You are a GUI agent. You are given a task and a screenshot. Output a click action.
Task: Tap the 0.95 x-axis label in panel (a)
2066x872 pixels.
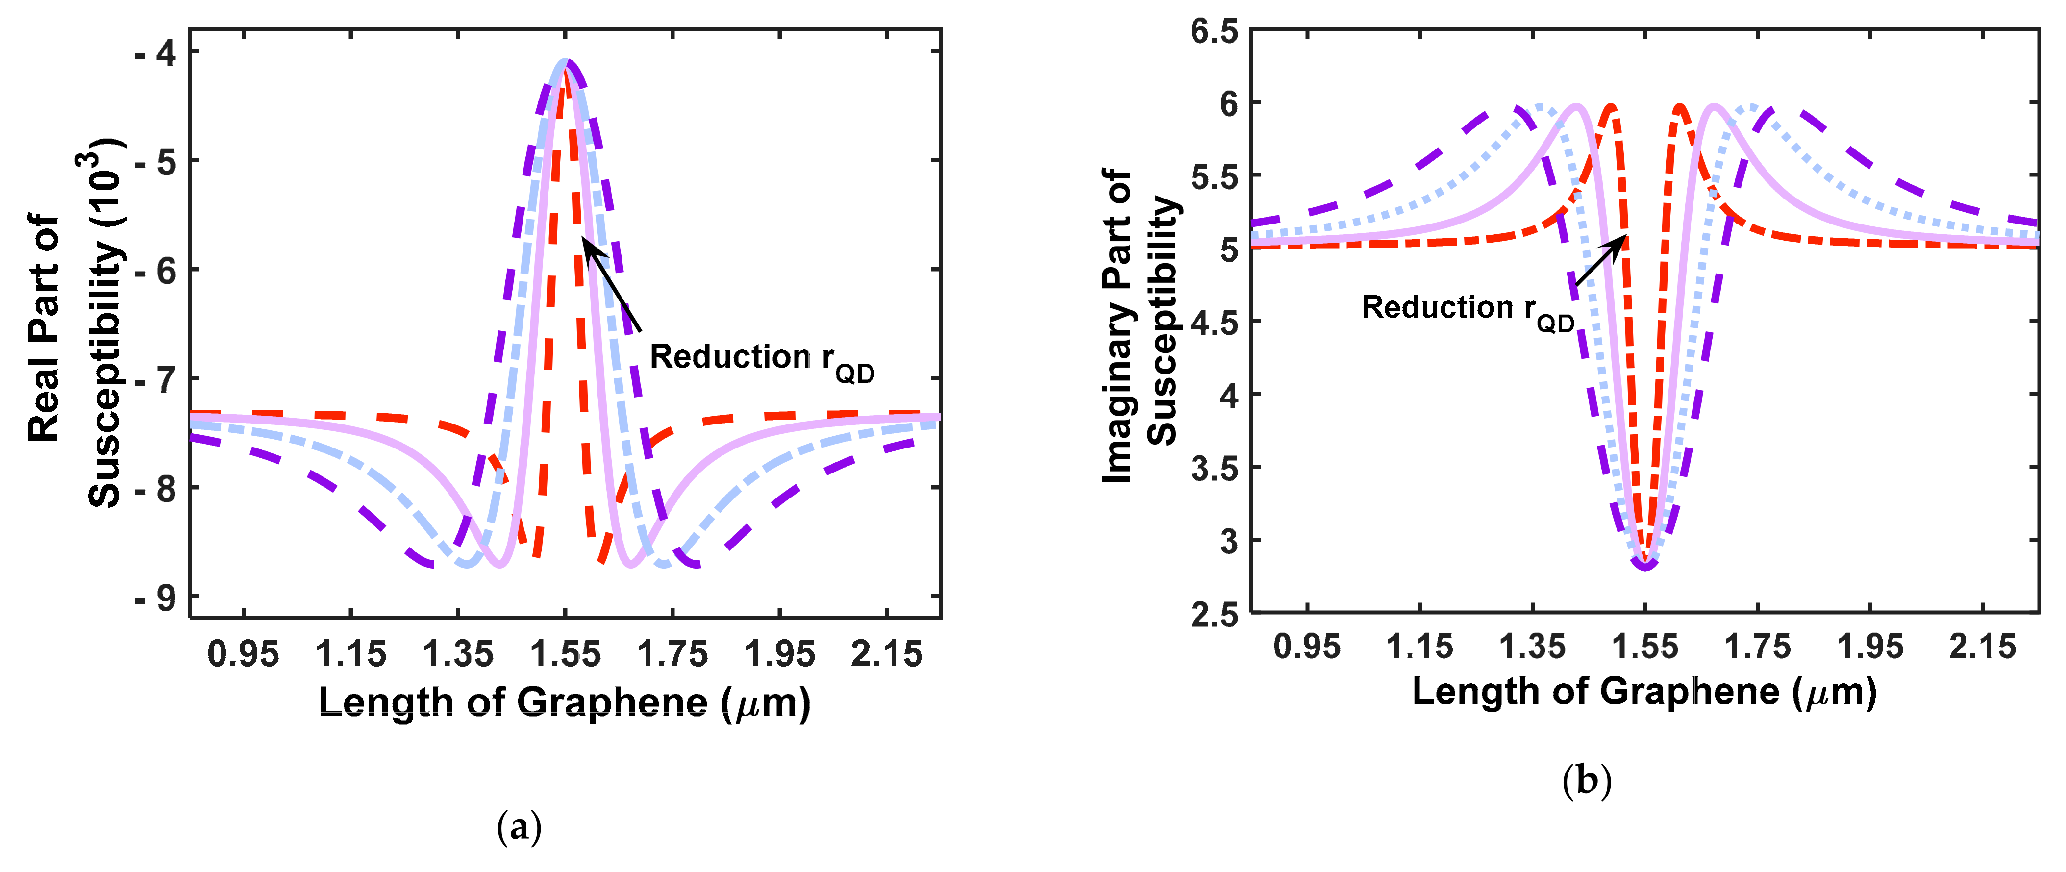coord(243,654)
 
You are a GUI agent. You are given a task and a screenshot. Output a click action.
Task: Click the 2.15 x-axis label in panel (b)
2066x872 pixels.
coord(1982,647)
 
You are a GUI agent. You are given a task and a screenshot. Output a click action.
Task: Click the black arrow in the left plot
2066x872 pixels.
coord(611,285)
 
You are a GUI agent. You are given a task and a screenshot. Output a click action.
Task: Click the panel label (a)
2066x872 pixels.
coord(519,827)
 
